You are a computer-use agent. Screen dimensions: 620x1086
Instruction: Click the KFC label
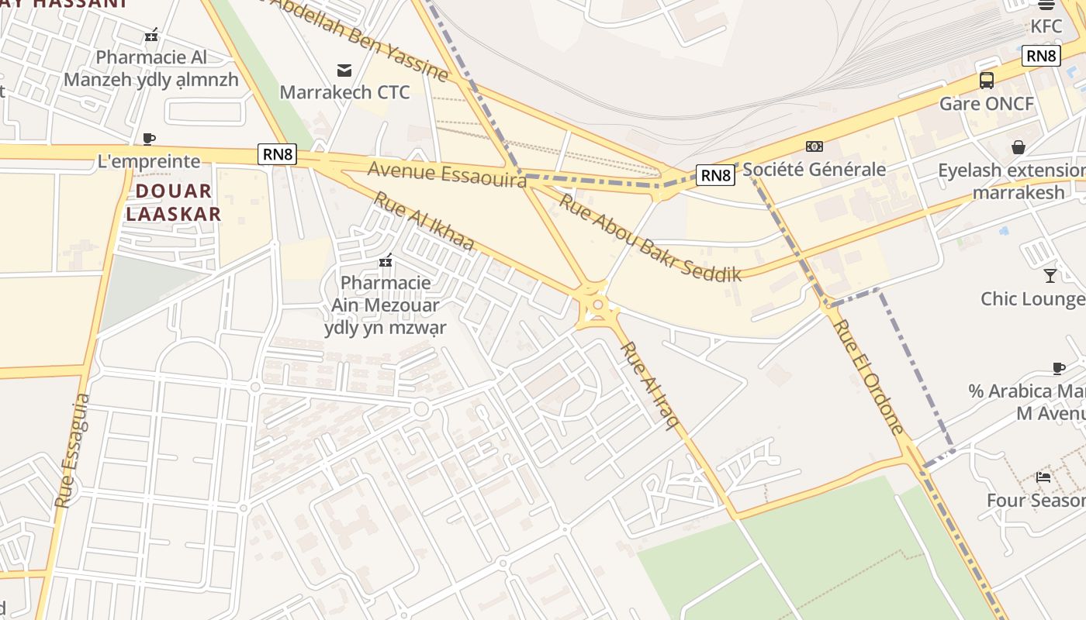pyautogui.click(x=1046, y=26)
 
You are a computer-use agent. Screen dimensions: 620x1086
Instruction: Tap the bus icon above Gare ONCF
pyautogui.click(x=986, y=80)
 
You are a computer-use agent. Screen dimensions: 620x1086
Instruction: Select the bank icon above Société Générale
pyautogui.click(x=814, y=146)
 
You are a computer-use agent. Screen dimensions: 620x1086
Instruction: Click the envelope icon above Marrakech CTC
pyautogui.click(x=344, y=71)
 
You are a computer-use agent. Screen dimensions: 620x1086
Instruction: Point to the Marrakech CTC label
pyautogui.click(x=344, y=92)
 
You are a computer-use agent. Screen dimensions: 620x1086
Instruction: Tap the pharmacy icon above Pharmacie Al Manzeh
pyautogui.click(x=151, y=35)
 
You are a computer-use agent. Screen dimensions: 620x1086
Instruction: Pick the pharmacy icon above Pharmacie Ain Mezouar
pyautogui.click(x=386, y=261)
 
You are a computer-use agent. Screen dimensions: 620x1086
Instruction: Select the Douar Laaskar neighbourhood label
pyautogui.click(x=174, y=202)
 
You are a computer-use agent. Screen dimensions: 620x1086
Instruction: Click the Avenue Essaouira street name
pyautogui.click(x=447, y=174)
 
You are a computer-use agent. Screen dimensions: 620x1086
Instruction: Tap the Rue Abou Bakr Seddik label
pyautogui.click(x=650, y=237)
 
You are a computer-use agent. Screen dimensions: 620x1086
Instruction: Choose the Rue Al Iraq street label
pyautogui.click(x=650, y=385)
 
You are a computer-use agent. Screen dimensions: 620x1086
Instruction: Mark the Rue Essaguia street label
pyautogui.click(x=73, y=450)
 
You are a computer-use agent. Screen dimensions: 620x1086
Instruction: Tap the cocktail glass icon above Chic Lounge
pyautogui.click(x=1050, y=275)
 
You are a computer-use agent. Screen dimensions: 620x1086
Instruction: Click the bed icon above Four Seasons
pyautogui.click(x=1043, y=477)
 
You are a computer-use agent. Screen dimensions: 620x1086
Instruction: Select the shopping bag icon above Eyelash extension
pyautogui.click(x=1018, y=147)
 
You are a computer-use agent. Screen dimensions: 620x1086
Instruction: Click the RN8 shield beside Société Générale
pyautogui.click(x=714, y=175)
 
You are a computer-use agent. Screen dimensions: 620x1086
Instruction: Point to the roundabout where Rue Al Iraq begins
pyautogui.click(x=597, y=305)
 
